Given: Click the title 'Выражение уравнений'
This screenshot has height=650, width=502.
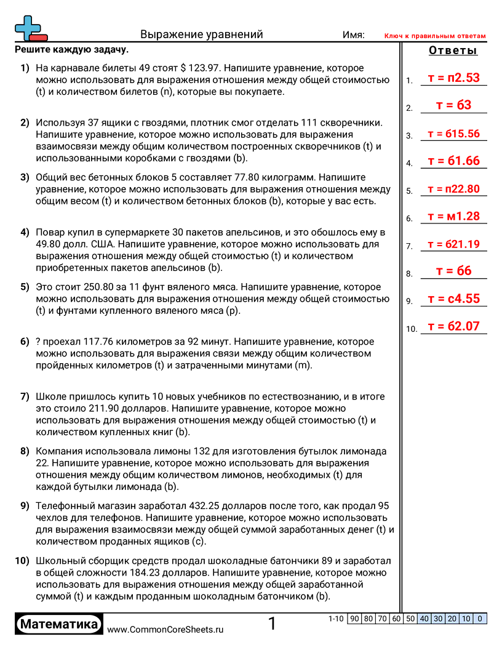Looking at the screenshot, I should [202, 34].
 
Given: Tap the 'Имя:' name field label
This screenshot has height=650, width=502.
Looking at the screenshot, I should [354, 35].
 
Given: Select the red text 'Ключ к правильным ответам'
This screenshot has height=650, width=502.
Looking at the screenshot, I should [435, 36].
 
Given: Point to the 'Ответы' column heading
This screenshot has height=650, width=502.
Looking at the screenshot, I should [453, 51].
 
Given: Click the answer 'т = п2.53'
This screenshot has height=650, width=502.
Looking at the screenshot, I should [453, 78].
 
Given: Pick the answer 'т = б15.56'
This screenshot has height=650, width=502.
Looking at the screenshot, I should [453, 134].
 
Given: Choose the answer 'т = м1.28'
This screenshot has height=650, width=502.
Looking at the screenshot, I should [453, 216].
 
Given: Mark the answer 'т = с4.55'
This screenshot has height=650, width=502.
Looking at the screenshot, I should [453, 299].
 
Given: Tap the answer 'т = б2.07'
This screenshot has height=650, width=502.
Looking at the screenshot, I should [453, 326].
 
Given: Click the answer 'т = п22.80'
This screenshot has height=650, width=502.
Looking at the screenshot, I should [453, 189].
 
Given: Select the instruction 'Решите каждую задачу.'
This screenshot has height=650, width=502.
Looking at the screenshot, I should [71, 50].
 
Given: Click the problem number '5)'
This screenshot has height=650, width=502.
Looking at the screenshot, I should [25, 287].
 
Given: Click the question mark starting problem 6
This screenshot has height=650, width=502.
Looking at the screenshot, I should [39, 342].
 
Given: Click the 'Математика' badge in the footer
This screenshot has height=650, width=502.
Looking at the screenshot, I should [59, 625].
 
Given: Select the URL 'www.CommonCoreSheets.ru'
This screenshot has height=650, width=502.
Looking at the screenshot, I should [165, 630].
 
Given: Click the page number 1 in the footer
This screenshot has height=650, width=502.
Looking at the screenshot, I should [272, 624].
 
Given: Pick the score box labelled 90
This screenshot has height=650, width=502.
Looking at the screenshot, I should [354, 619].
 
